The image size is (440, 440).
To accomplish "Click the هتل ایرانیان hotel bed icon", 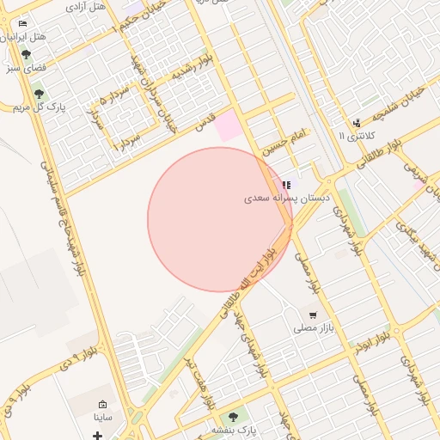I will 22,23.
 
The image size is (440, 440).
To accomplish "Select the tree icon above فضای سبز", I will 26,54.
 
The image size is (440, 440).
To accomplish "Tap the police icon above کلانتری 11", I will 357,123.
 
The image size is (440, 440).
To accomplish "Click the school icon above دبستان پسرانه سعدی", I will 286,185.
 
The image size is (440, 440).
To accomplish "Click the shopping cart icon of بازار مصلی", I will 312,315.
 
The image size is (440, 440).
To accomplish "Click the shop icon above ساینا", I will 103,405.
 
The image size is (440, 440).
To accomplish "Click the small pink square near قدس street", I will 229,126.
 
